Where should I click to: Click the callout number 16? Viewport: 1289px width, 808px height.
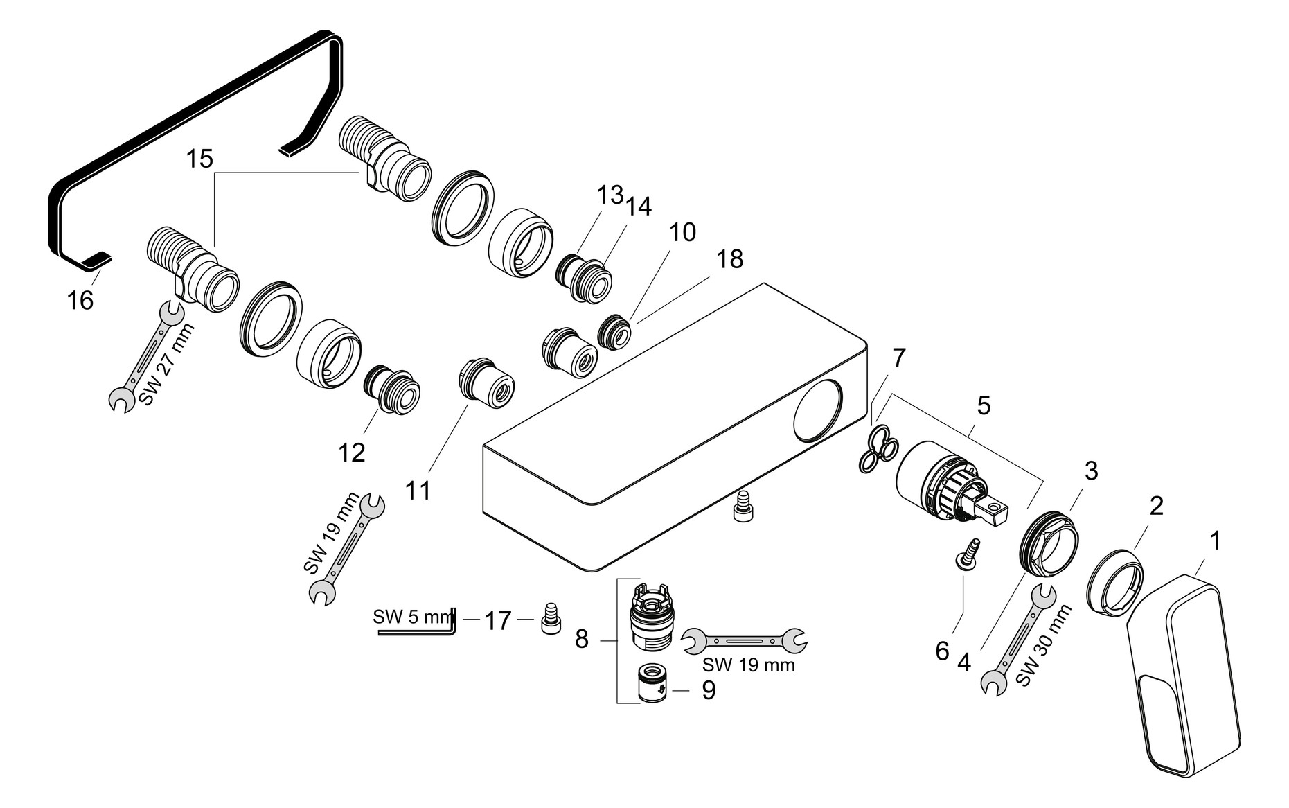(80, 301)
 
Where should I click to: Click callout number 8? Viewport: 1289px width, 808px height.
(582, 639)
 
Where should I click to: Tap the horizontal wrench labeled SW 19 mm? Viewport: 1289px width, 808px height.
(745, 641)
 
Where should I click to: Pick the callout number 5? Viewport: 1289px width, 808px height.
(983, 406)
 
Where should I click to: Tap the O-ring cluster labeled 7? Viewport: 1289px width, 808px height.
(876, 450)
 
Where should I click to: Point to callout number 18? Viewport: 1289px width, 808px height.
(729, 259)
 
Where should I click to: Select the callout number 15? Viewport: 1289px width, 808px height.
(199, 159)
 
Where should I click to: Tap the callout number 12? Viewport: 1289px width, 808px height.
(351, 453)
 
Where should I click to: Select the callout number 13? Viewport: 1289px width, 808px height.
(610, 195)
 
